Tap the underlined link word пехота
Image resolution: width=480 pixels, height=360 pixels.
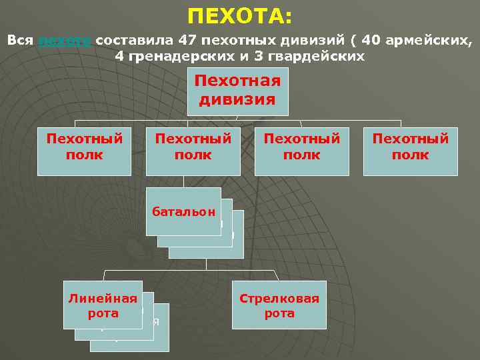[65, 40]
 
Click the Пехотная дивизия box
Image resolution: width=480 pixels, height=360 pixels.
[237, 91]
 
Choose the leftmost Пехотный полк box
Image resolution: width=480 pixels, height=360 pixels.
[84, 151]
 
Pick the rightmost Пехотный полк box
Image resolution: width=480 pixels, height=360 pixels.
[410, 151]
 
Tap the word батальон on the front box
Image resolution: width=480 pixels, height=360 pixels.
[183, 213]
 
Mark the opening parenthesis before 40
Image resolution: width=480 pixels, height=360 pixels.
[353, 40]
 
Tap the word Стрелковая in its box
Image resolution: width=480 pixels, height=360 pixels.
[279, 299]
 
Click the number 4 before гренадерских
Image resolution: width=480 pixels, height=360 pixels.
[119, 57]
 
